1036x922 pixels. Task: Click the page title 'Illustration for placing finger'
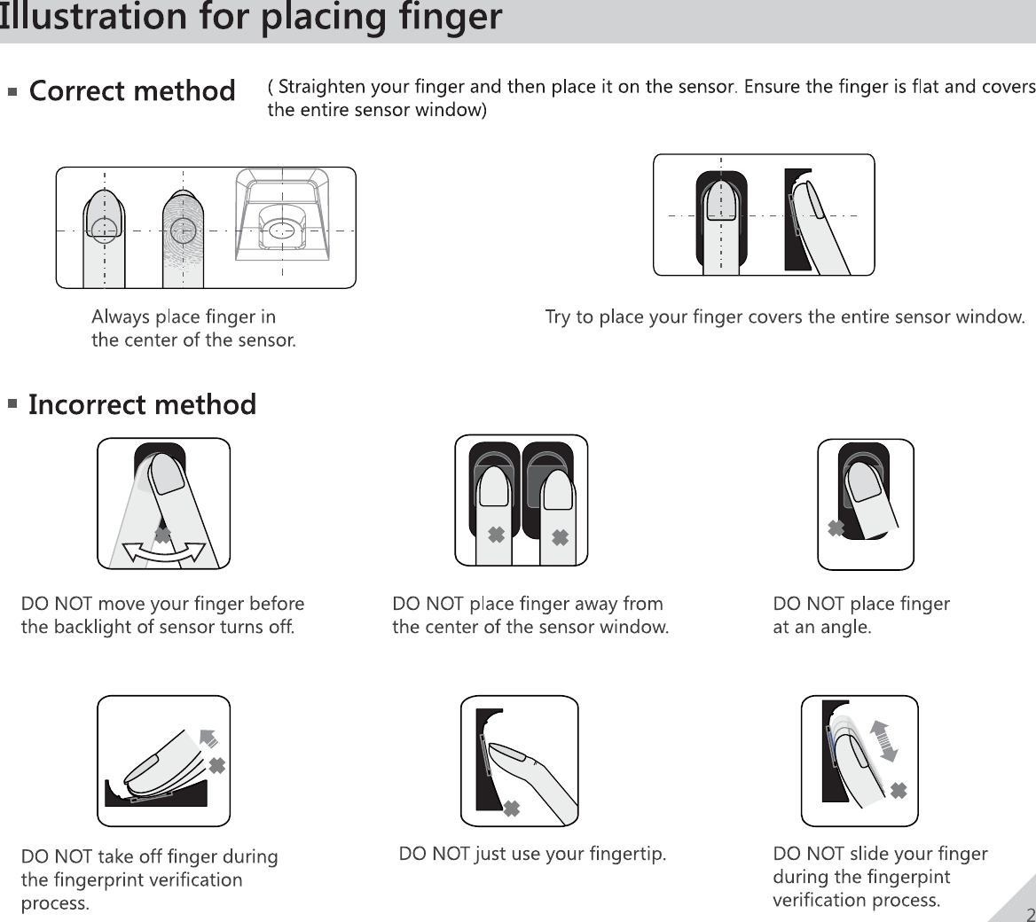251,17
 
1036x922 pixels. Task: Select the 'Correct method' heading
132,91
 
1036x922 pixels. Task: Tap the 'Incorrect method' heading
142,405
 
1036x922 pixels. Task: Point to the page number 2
1030,915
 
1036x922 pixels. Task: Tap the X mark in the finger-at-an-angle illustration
836,528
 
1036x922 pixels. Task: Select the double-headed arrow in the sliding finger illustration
884,741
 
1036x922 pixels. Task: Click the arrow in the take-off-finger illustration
208,738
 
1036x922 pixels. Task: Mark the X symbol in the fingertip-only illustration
511,809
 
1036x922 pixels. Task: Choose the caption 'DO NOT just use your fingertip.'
532,855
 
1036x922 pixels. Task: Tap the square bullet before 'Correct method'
12,91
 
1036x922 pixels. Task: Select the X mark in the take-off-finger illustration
216,765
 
